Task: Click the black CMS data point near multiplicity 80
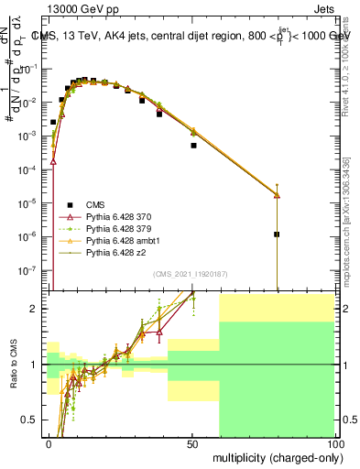[277, 234]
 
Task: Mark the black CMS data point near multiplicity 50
[193, 146]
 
